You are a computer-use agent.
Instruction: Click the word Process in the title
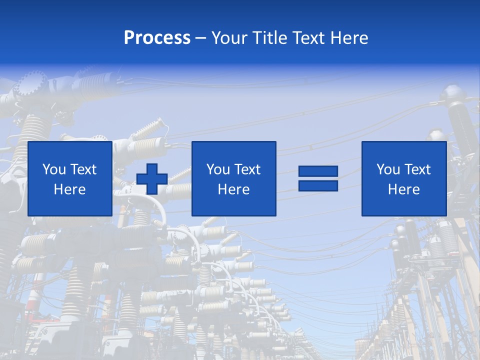click(x=157, y=38)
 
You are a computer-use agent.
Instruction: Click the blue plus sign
click(x=152, y=178)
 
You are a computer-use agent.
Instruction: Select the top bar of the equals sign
click(x=318, y=171)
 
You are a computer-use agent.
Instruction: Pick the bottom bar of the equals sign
click(x=318, y=185)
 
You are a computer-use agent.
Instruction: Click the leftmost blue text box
click(x=69, y=178)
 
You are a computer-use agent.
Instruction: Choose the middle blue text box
click(x=233, y=178)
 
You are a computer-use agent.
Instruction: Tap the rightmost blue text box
click(x=403, y=178)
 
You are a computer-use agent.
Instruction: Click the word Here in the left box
click(x=69, y=189)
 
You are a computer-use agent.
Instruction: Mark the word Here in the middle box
click(x=233, y=189)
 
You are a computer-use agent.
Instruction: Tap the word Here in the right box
click(x=403, y=189)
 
